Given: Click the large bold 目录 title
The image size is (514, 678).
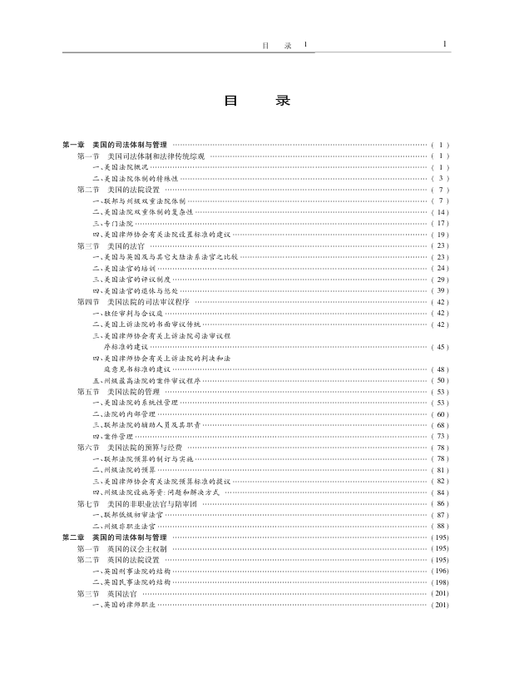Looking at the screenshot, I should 257,101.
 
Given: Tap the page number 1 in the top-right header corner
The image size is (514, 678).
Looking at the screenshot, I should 445,44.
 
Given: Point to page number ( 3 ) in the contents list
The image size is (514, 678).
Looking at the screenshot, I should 440,178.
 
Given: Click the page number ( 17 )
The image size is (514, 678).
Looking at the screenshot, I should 440,223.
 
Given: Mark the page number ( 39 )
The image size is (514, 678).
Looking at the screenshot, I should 440,290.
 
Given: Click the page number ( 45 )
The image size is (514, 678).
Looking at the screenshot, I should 440,346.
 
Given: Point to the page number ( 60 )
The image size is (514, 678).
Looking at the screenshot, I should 440,413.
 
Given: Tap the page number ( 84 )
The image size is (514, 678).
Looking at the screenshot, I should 440,492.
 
